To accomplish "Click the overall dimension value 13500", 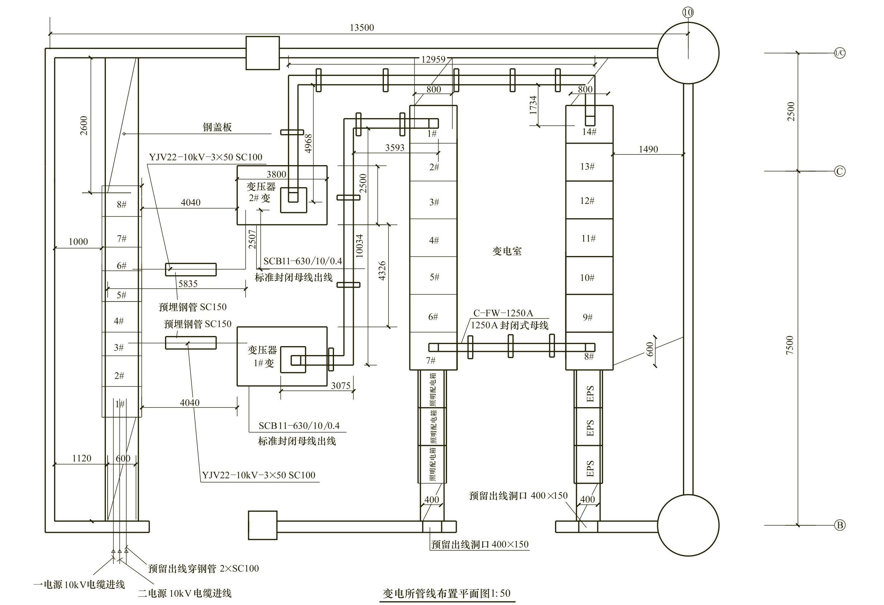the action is pyautogui.click(x=362, y=28).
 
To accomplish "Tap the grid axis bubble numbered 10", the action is pyautogui.click(x=688, y=13).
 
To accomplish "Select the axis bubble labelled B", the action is pyautogui.click(x=840, y=525).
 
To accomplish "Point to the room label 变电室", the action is pyautogui.click(x=507, y=251).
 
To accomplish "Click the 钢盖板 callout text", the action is pyautogui.click(x=217, y=127).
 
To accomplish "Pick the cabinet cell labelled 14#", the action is pyautogui.click(x=589, y=124).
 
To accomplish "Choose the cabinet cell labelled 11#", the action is pyautogui.click(x=589, y=238).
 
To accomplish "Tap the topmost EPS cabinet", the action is pyautogui.click(x=588, y=389).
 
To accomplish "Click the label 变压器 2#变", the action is pyautogui.click(x=261, y=192).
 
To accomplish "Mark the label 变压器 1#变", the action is pyautogui.click(x=263, y=357).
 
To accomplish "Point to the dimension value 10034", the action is pyautogui.click(x=359, y=246).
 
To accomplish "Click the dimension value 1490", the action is pyautogui.click(x=648, y=149).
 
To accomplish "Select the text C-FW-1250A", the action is pyautogui.click(x=503, y=313).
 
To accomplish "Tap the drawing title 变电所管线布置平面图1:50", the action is pyautogui.click(x=447, y=593).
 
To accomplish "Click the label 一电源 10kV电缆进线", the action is pyautogui.click(x=79, y=585).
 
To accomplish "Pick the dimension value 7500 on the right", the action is pyautogui.click(x=790, y=345).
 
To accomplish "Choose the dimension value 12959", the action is pyautogui.click(x=433, y=60).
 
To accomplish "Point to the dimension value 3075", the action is pyautogui.click(x=340, y=386).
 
